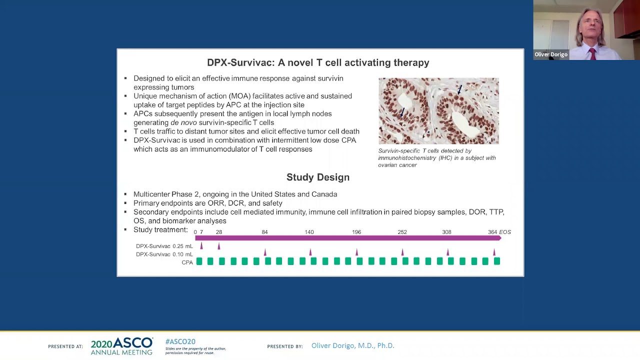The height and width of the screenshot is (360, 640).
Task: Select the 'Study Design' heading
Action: [x=317, y=177]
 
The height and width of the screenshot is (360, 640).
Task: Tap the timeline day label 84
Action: [x=264, y=232]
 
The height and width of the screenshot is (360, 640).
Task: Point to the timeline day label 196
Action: [x=356, y=232]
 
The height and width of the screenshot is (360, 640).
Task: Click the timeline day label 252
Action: [x=402, y=232]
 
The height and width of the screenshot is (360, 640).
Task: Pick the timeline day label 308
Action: [x=446, y=232]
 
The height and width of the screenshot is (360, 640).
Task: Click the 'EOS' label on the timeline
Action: [x=505, y=232]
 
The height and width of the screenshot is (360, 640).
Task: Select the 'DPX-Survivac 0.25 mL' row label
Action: [x=164, y=246]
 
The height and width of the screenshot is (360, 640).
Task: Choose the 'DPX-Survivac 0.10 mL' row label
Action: [x=164, y=254]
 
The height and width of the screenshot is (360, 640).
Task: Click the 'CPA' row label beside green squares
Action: [x=187, y=262]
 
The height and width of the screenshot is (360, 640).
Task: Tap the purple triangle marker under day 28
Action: [x=219, y=246]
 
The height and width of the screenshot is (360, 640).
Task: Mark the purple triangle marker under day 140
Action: [x=310, y=252]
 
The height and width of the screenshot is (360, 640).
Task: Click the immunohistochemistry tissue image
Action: [x=438, y=110]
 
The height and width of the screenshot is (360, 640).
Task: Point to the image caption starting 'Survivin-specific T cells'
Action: [x=436, y=157]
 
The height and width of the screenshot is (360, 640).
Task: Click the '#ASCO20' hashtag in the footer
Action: [x=180, y=341]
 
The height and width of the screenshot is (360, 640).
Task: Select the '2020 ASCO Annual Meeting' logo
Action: [x=121, y=346]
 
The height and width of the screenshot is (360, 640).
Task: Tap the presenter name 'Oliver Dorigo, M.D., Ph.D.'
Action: [x=352, y=345]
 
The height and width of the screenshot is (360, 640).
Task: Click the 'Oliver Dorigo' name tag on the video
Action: [x=550, y=54]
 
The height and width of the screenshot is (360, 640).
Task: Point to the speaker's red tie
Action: [x=593, y=53]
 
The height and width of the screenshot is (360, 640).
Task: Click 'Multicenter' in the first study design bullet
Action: [x=151, y=194]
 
